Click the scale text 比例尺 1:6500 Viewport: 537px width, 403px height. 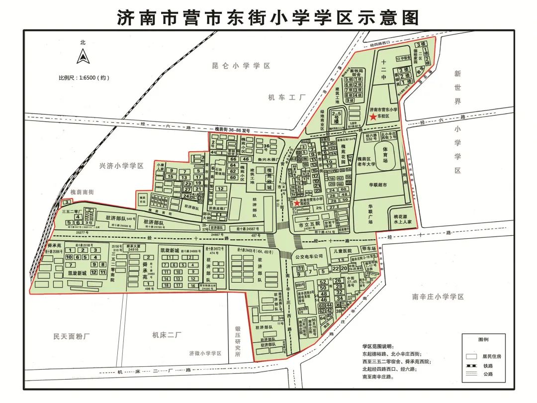point(84,78)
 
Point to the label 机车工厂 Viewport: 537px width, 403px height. point(285,98)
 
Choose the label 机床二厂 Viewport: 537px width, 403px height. point(168,335)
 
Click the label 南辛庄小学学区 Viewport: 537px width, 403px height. point(438,297)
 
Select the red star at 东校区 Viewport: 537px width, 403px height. point(373,117)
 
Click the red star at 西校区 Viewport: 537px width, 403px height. point(297,203)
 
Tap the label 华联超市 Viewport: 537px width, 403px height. point(381,185)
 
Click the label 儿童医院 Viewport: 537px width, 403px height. point(342,251)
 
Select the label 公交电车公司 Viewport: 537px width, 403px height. point(309,257)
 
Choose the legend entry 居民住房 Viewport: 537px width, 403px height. point(490,356)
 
